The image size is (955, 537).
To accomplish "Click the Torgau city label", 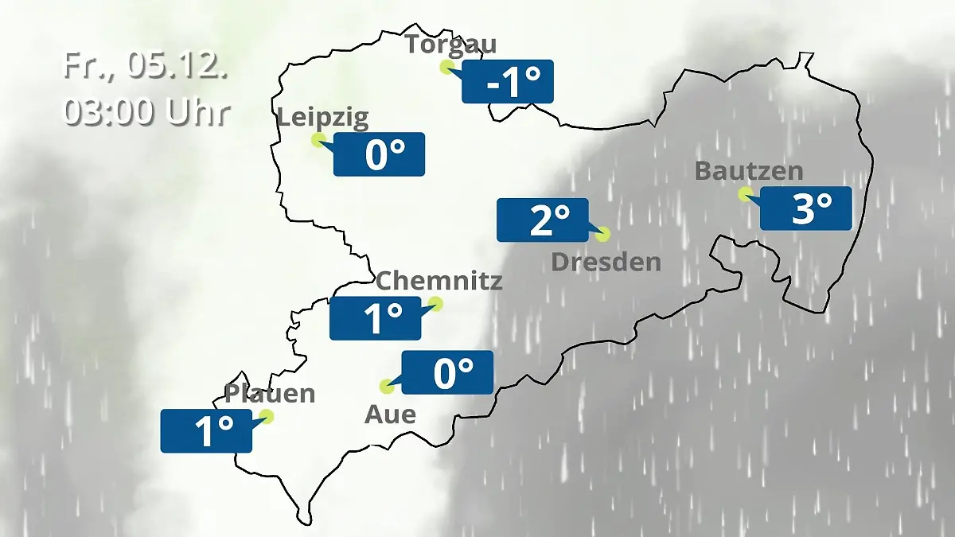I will click(x=450, y=44).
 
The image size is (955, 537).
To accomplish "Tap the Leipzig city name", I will click(x=322, y=119).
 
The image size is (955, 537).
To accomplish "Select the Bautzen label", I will click(x=749, y=171).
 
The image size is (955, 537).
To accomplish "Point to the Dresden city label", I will click(x=606, y=262).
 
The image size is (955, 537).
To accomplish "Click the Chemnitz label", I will click(x=439, y=281).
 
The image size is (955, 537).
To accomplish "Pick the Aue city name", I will click(x=390, y=414).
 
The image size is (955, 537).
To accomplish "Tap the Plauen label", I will click(x=270, y=394).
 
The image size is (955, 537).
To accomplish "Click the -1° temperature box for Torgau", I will click(x=508, y=81).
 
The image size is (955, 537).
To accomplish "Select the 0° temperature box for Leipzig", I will click(x=379, y=154).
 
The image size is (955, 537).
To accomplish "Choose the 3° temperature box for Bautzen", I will click(x=805, y=208).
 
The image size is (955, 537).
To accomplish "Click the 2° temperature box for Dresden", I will click(x=543, y=220).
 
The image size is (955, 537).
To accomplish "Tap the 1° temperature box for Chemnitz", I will click(x=376, y=318).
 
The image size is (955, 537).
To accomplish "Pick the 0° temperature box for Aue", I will click(x=447, y=372).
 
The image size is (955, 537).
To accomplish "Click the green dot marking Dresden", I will click(x=602, y=234).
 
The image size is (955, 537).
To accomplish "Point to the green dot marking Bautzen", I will click(x=745, y=193).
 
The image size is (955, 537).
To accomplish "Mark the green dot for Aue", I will click(x=388, y=387).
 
